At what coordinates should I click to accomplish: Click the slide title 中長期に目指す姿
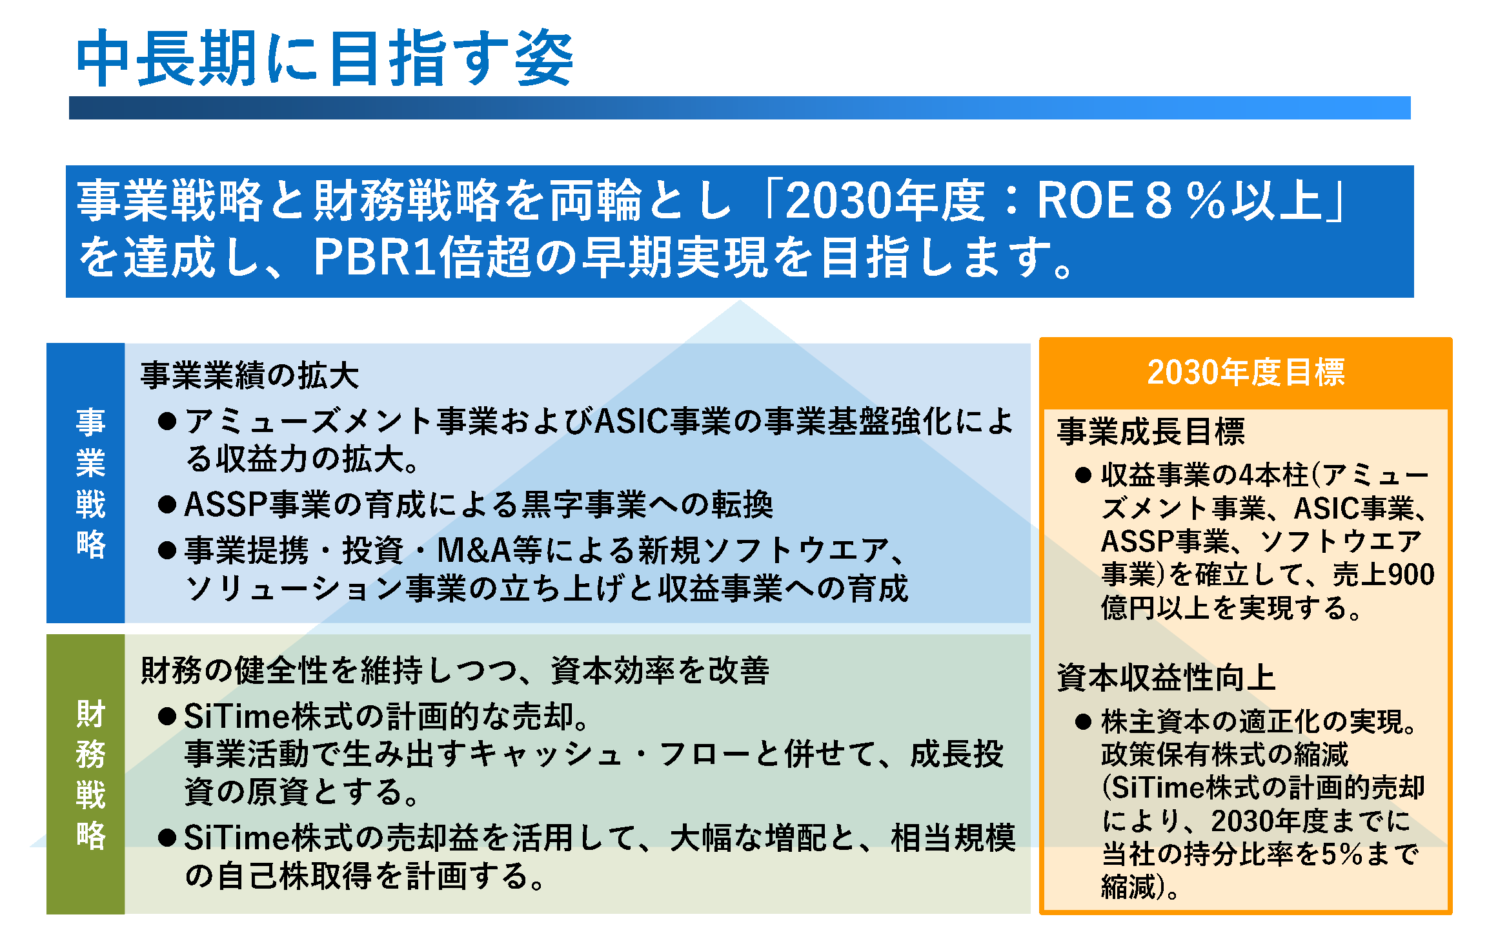(325, 58)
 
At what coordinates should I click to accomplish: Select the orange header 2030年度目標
(1246, 373)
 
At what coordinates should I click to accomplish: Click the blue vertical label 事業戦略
(90, 483)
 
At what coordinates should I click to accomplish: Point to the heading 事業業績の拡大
(250, 375)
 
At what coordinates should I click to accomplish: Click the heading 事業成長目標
(1151, 431)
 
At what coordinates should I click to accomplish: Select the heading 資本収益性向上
(1166, 677)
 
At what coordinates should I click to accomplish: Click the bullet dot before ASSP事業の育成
(167, 504)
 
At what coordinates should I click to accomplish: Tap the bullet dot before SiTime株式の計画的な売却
(167, 716)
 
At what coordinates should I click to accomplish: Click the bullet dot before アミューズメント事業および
(167, 422)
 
